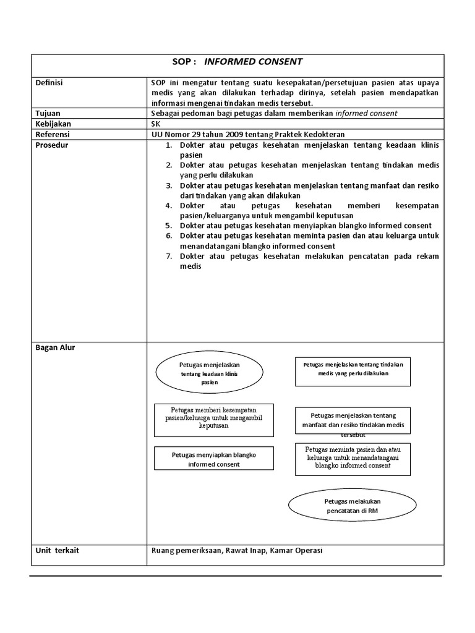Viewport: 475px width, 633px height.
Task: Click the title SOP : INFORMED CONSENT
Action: [x=237, y=62]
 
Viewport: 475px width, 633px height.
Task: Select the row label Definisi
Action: [x=49, y=83]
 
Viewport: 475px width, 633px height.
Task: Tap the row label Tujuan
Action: [x=48, y=113]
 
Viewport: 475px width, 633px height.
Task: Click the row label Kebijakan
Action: [x=52, y=124]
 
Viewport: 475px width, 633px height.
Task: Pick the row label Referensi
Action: [x=53, y=134]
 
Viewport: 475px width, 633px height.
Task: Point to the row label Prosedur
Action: [x=52, y=145]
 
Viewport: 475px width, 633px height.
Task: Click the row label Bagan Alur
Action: [x=55, y=347]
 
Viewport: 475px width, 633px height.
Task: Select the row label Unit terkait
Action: [x=58, y=550]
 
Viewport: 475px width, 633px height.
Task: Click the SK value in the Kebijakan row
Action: [x=155, y=124]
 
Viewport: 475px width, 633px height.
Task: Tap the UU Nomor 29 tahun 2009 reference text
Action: [x=247, y=134]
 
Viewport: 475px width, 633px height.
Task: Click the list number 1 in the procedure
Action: [x=168, y=145]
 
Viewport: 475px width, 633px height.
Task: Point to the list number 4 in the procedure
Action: [x=168, y=205]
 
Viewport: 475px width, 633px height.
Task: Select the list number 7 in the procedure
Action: [x=168, y=256]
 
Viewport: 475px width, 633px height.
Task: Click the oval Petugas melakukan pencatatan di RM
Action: [x=352, y=506]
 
